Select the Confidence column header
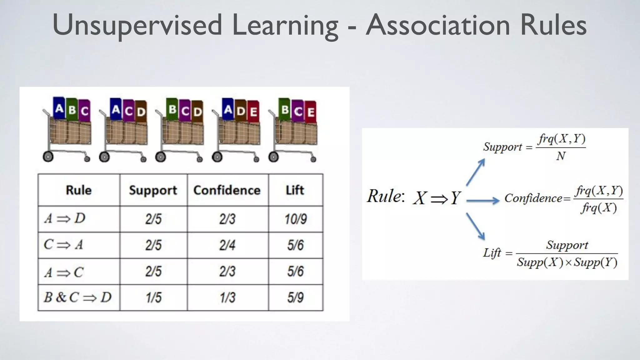click(227, 190)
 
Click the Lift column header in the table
click(295, 190)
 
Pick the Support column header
click(153, 190)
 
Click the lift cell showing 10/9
click(295, 219)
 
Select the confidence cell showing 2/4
click(227, 245)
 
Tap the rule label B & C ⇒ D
click(78, 297)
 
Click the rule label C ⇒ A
click(63, 245)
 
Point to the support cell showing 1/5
click(153, 297)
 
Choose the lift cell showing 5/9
click(295, 297)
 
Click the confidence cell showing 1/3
click(227, 297)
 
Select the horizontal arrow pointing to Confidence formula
click(483, 200)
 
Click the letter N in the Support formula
click(561, 156)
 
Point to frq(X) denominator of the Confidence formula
click(599, 207)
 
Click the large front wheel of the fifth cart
click(273, 157)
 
